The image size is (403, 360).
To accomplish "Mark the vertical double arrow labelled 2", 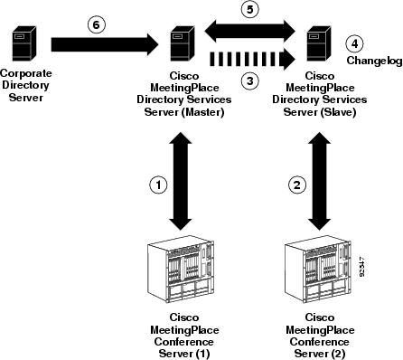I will [x=318, y=185].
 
